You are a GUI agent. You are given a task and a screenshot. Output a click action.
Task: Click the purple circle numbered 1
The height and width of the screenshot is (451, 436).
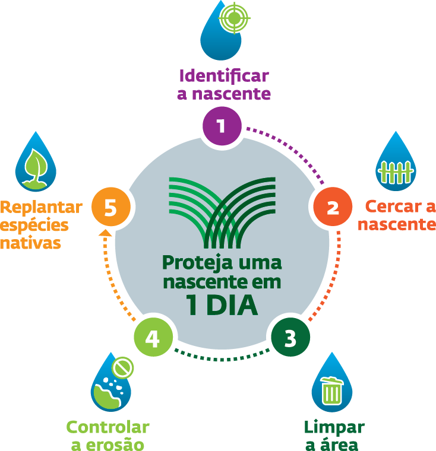coord(221,125)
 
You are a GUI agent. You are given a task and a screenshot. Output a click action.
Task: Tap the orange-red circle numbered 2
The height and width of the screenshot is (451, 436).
coord(333,208)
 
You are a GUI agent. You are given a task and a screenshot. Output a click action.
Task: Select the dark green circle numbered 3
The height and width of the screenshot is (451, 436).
coord(290,339)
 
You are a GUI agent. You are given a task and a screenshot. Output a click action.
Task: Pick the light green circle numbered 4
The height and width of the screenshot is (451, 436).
coord(152,339)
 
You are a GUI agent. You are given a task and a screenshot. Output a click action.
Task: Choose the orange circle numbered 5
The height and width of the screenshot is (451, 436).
coord(110,207)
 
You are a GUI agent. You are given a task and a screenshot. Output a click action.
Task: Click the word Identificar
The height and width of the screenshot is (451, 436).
coord(224,77)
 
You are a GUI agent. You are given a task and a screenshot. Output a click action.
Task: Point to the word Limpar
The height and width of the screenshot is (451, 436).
coord(334,427)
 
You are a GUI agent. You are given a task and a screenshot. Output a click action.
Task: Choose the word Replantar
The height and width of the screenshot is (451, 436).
coord(41,207)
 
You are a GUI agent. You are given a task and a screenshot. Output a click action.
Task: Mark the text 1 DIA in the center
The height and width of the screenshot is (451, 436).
coord(222,304)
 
